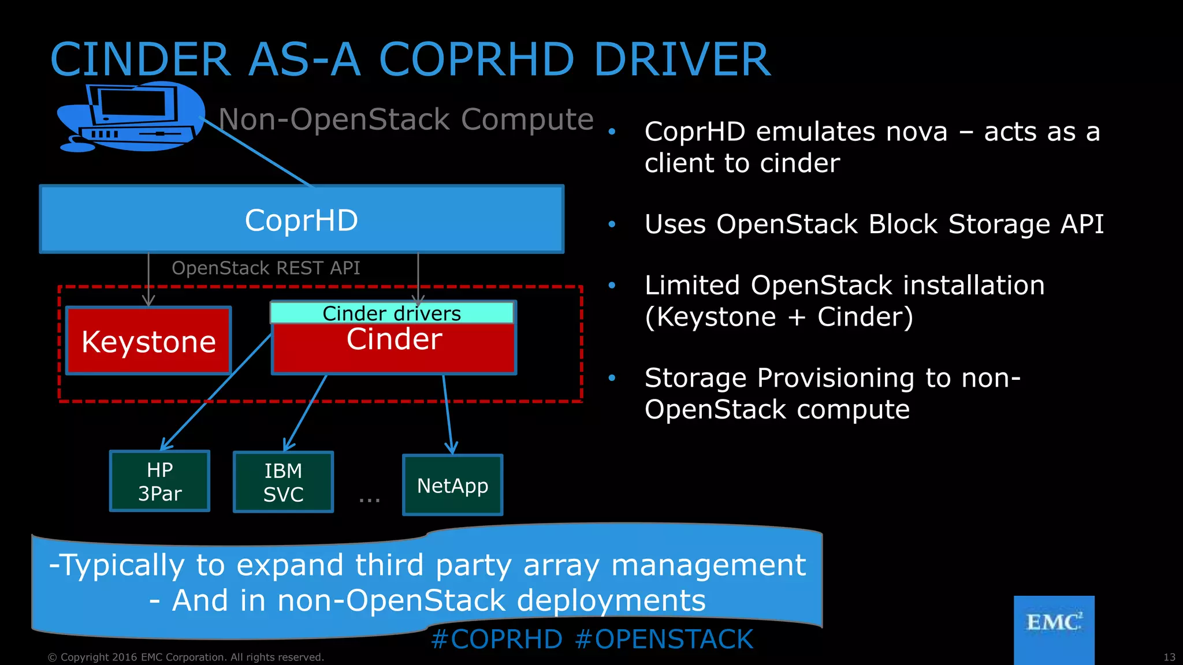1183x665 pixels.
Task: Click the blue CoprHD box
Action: point(301,219)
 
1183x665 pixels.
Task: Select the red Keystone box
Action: point(148,341)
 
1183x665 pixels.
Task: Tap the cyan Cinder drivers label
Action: point(392,313)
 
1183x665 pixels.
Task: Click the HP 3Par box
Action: point(159,481)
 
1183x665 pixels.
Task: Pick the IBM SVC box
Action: point(283,483)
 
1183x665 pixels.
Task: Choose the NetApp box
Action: point(452,485)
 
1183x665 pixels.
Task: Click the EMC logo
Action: point(1054,623)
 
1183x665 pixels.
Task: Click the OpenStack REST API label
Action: point(266,268)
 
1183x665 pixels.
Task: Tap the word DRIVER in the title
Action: point(682,59)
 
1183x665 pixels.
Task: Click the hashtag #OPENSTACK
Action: point(664,640)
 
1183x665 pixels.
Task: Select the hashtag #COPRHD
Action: point(497,640)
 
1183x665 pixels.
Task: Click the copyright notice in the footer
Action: point(185,657)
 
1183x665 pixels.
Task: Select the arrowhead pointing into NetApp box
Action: point(451,449)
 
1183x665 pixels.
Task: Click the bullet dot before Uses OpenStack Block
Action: point(612,224)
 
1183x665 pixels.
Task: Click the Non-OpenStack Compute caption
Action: point(406,119)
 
